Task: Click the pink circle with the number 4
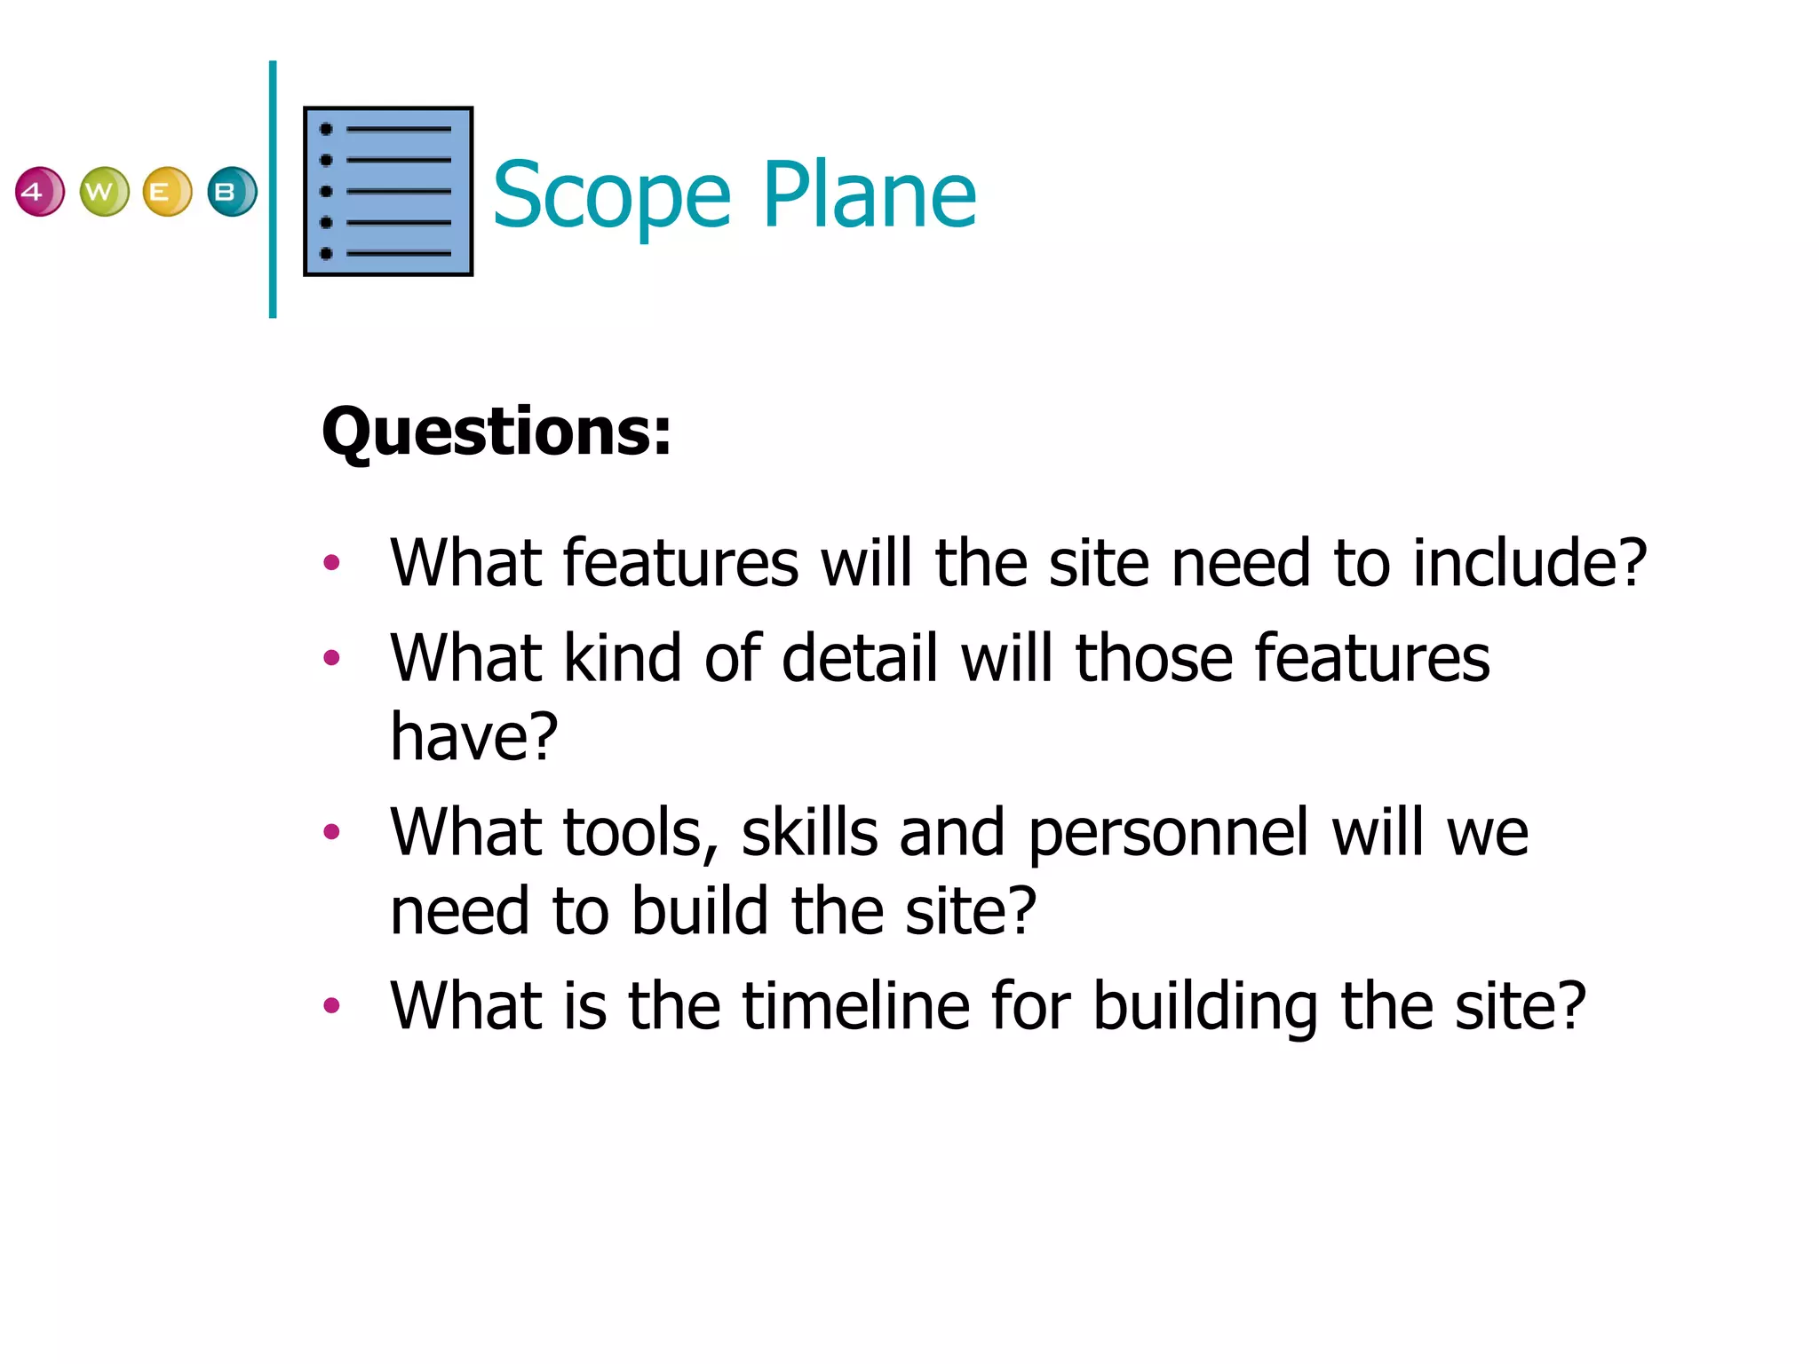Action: click(39, 192)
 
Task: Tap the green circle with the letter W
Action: click(104, 192)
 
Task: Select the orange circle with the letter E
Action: click(167, 192)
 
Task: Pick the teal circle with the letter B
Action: click(232, 192)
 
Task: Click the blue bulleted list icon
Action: click(388, 192)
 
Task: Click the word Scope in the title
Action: click(611, 195)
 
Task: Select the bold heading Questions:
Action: click(496, 432)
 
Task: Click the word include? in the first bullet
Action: click(1529, 563)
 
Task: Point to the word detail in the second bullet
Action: click(860, 658)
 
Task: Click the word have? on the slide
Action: click(474, 736)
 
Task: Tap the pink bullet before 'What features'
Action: click(332, 563)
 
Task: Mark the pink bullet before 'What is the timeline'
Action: click(332, 1006)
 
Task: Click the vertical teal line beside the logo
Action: click(273, 189)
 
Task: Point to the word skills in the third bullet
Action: click(809, 833)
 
